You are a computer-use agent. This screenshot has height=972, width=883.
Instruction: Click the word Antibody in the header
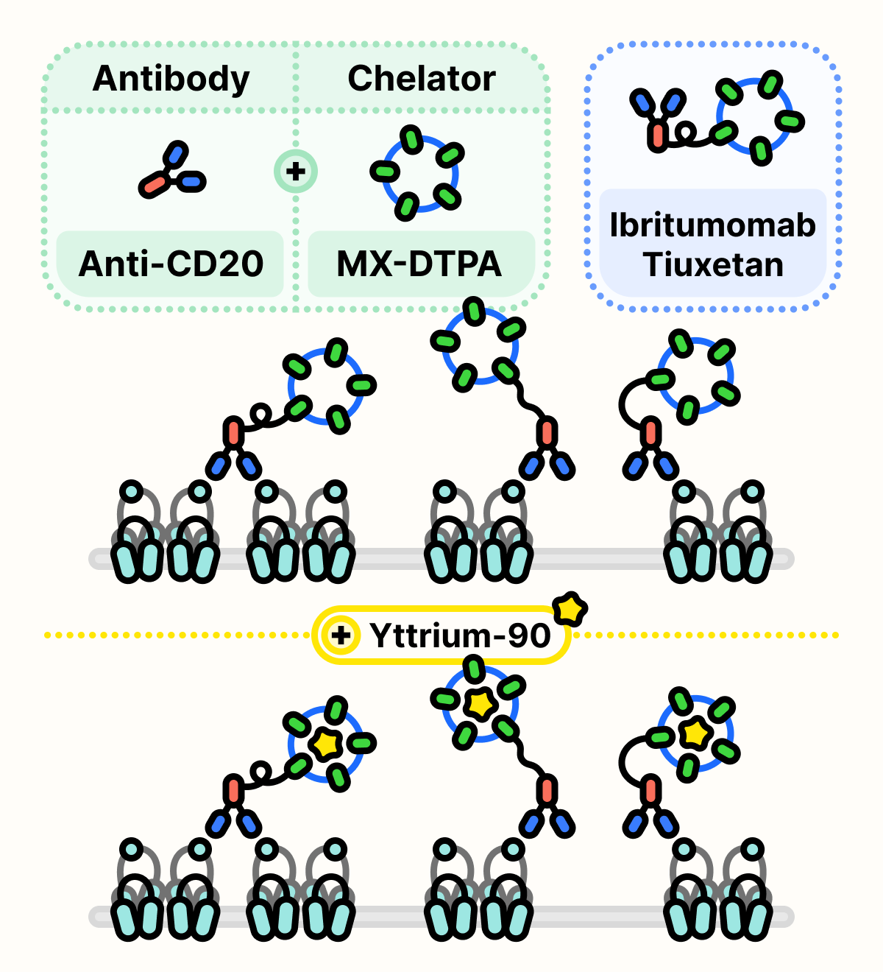tap(171, 79)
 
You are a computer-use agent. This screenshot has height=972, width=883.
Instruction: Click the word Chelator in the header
tap(422, 79)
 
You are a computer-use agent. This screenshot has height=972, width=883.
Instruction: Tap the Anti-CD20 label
tap(171, 264)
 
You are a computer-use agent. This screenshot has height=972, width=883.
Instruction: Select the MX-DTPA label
tap(419, 264)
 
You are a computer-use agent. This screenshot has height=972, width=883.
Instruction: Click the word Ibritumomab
tap(712, 225)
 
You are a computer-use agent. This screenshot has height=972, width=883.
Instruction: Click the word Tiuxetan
tap(712, 264)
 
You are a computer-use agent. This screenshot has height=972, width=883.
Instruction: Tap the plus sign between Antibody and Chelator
tap(295, 172)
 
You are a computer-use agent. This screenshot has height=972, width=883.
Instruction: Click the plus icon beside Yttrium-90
tap(341, 635)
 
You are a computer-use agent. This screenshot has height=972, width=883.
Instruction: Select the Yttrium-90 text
tap(460, 635)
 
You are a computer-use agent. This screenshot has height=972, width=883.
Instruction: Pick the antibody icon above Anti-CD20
tap(171, 172)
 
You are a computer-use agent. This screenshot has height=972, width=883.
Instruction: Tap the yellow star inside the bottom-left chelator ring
tap(325, 744)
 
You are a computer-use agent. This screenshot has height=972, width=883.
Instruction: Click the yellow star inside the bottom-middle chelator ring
tap(480, 704)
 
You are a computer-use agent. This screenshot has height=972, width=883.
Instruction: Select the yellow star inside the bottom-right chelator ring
tap(694, 733)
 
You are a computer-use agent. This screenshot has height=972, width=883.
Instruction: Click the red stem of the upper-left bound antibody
tap(233, 432)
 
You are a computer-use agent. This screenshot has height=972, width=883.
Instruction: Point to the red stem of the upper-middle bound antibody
tap(546, 432)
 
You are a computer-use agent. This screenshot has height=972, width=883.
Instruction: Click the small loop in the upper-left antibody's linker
tap(259, 414)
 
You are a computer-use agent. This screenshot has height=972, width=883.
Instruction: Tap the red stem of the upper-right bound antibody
tap(650, 432)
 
